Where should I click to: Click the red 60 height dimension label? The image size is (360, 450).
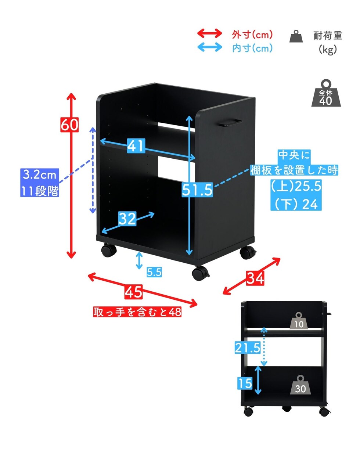tap(69, 125)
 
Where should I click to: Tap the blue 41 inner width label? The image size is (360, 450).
tap(136, 145)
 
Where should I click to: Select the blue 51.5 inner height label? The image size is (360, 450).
tap(197, 190)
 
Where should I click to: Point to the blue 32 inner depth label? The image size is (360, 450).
tap(127, 219)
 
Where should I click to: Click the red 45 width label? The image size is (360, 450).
tap(133, 292)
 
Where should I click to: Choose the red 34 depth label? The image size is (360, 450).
tap(255, 278)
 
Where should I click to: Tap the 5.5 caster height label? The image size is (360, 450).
tap(154, 272)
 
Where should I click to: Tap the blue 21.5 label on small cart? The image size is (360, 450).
tap(248, 348)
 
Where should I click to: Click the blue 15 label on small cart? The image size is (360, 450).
tap(245, 384)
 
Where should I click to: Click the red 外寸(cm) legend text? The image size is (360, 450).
tap(252, 35)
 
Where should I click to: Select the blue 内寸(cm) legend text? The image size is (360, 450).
tap(252, 48)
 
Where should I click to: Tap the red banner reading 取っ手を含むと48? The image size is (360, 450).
tap(137, 312)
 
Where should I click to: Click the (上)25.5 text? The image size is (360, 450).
tap(296, 186)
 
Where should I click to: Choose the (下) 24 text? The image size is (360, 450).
tap(296, 204)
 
